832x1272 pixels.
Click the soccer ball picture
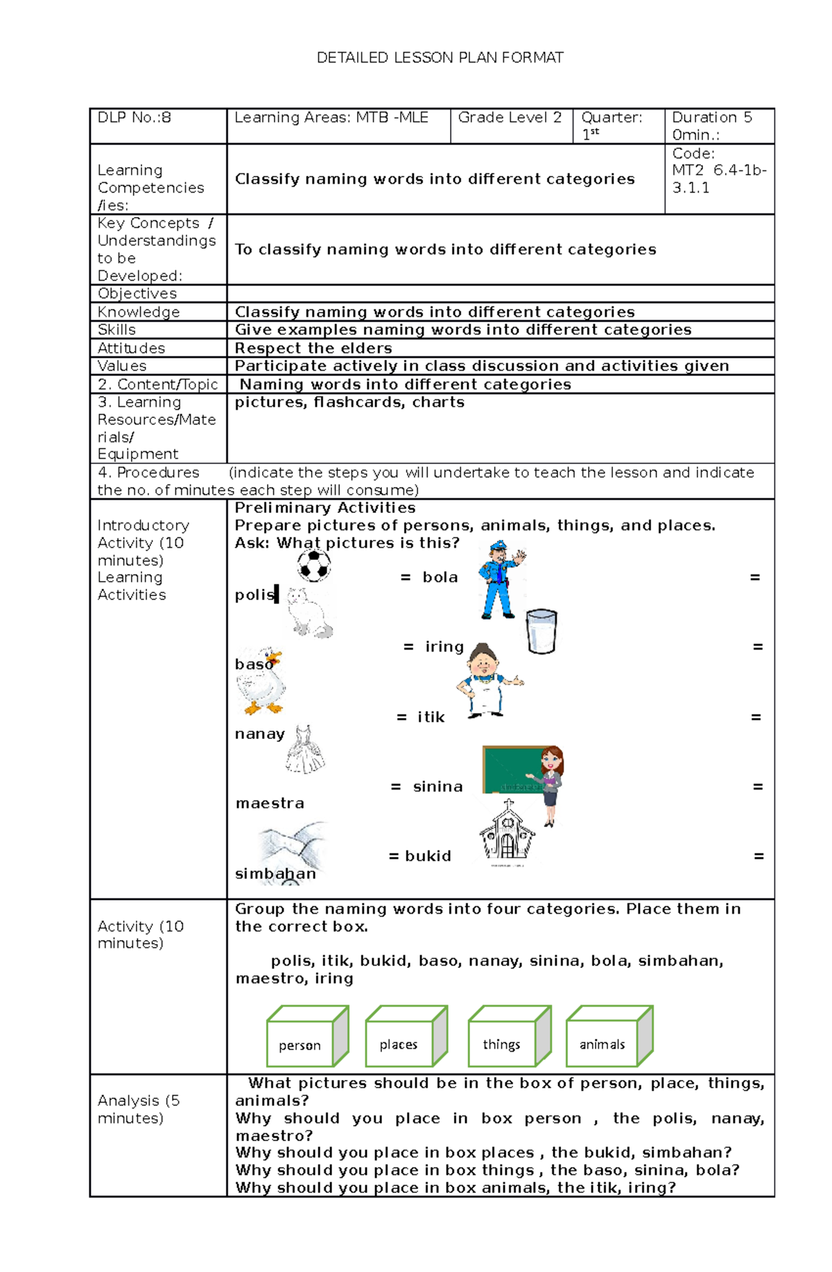314,566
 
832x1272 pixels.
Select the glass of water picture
541,631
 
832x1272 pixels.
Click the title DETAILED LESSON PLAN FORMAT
440,58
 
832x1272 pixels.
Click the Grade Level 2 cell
510,118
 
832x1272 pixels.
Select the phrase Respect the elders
313,348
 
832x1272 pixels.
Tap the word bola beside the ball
440,577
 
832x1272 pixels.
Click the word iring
444,647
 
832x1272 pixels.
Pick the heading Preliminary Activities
325,508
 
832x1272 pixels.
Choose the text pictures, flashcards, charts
349,403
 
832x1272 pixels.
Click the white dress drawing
304,750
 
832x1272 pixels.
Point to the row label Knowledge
139,313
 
